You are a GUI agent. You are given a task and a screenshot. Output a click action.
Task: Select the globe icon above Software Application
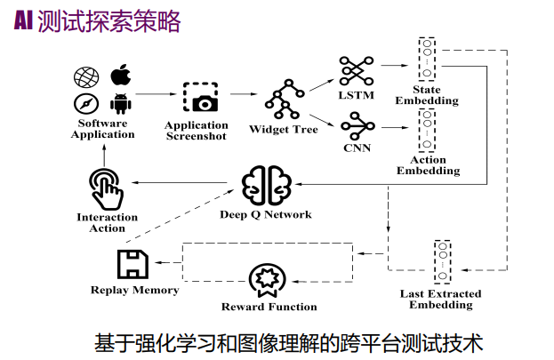tap(87, 76)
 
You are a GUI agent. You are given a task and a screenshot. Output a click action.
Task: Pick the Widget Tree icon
tap(284, 101)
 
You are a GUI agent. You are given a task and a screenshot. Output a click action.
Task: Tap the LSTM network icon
tap(357, 71)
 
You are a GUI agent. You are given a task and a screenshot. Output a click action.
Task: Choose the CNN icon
tap(357, 123)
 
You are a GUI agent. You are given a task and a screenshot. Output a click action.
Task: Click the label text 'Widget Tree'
tap(284, 130)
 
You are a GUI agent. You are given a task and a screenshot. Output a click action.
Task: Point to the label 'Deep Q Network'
tap(266, 214)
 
